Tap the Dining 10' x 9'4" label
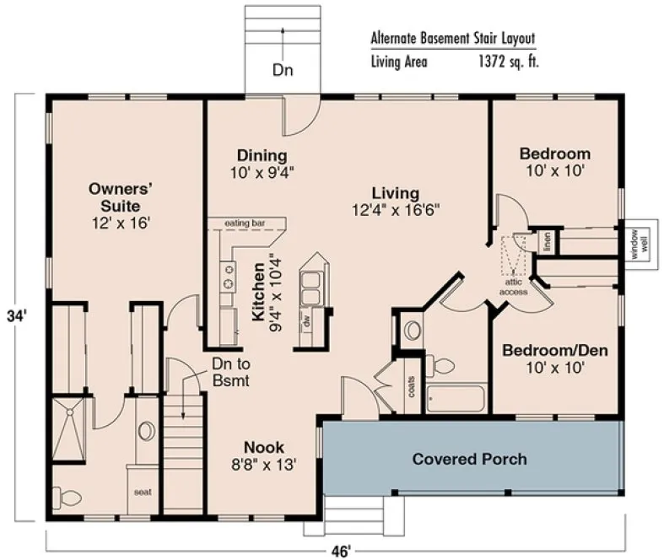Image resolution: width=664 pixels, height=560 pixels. point(262,164)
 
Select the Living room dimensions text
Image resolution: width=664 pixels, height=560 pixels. point(396,210)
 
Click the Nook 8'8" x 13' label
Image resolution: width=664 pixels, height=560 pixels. point(264,455)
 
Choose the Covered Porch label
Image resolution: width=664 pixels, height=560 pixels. point(470,460)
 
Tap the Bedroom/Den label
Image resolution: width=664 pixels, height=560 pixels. point(555,358)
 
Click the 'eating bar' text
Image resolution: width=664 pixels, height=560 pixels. point(246,223)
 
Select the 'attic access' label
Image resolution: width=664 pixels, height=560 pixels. point(513,288)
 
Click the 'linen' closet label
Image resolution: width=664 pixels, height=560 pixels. point(546,240)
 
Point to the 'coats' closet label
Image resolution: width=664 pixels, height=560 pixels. point(411,387)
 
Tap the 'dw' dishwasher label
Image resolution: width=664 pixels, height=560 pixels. point(305,322)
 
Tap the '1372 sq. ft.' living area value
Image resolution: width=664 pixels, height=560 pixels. point(506,61)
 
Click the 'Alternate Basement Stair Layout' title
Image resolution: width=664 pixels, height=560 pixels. point(452,39)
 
